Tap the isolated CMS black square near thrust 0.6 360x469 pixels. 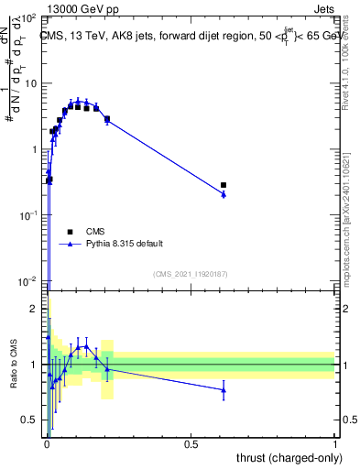pos(224,185)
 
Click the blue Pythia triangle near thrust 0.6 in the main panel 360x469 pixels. pos(224,194)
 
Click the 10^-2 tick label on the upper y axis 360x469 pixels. pos(28,280)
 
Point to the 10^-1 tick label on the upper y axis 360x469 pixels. pos(28,214)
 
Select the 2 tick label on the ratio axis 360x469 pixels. pos(35,309)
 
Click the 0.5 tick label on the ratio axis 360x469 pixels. pos(32,420)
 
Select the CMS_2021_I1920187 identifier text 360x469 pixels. pos(190,274)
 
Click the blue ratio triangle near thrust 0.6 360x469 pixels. pos(224,390)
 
